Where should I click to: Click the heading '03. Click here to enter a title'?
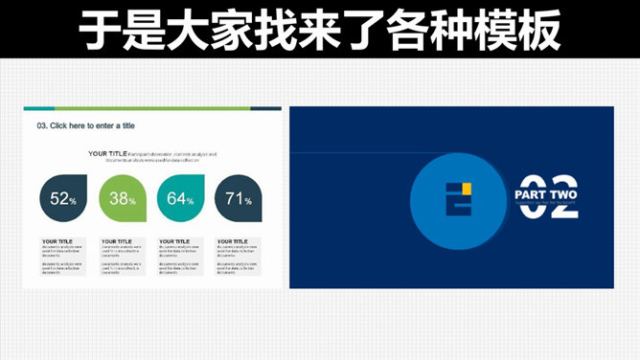tap(85, 125)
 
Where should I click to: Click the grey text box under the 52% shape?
tap(64, 257)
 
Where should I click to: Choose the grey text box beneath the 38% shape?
tap(123, 257)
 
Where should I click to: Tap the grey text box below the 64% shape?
tap(181, 257)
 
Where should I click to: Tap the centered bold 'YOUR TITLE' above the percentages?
tap(107, 153)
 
